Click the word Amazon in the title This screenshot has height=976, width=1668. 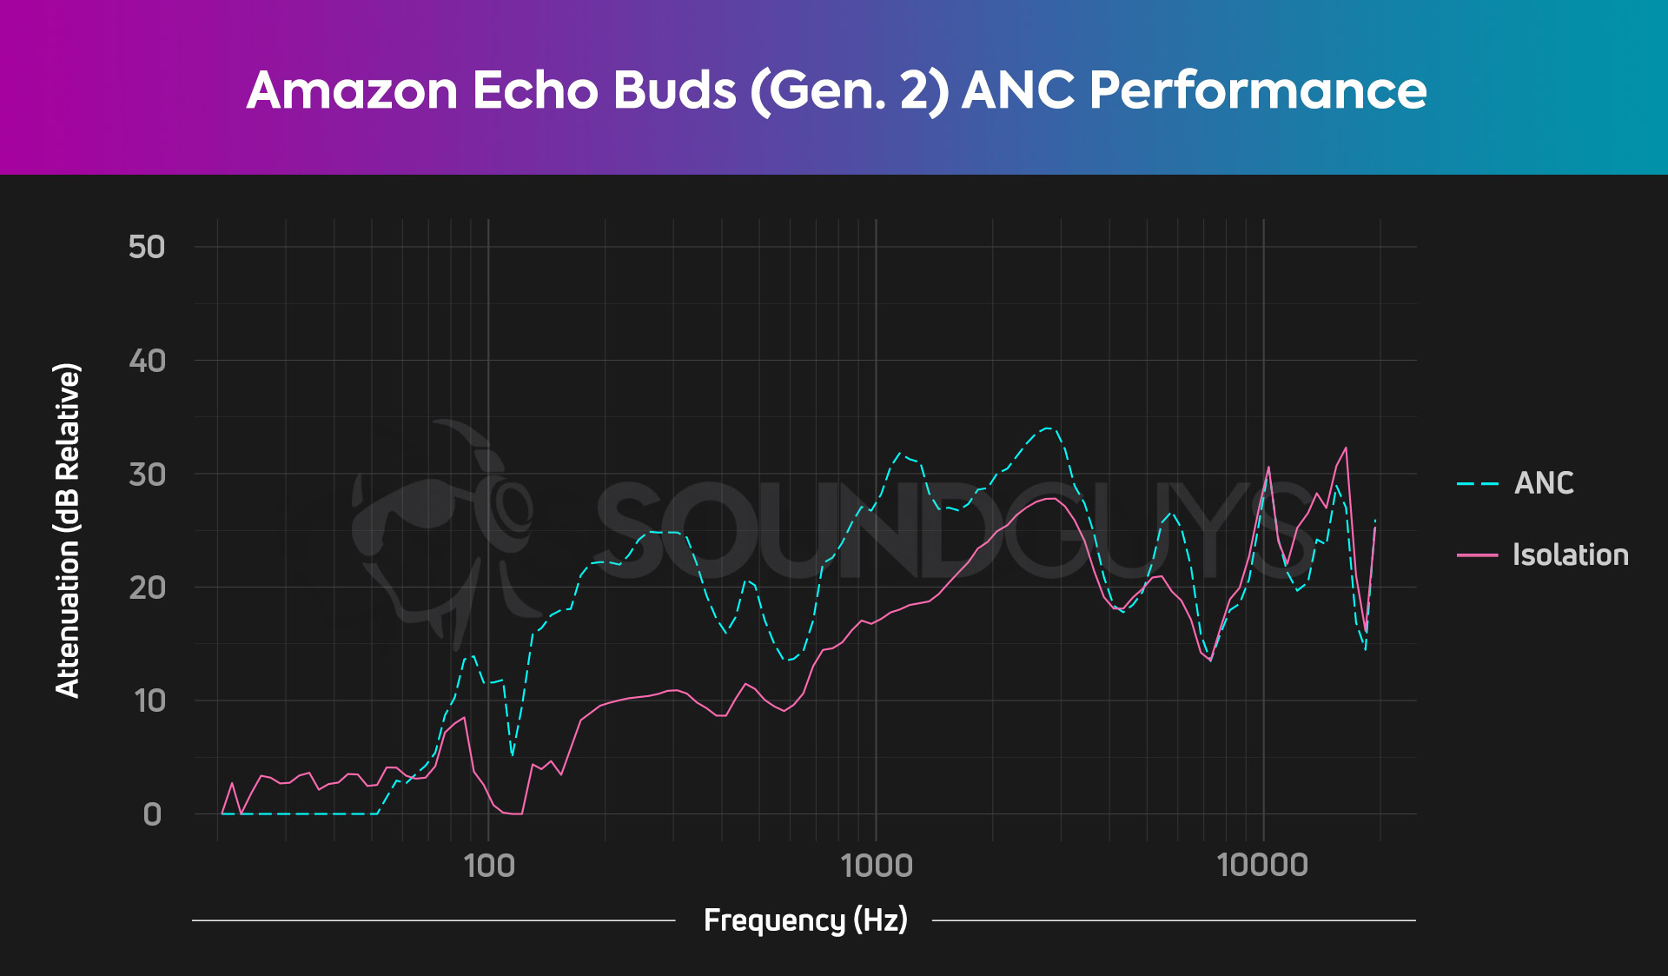tap(352, 90)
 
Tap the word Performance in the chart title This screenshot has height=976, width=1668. tap(1257, 90)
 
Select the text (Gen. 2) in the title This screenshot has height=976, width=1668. tap(850, 90)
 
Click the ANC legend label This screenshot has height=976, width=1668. tap(1544, 483)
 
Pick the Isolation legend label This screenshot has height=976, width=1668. tap(1570, 554)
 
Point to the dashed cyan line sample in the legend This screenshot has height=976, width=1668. tap(1478, 483)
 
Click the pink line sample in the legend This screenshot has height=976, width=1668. tap(1478, 554)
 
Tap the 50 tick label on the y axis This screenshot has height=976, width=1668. tap(146, 247)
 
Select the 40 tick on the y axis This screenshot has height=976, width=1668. tap(146, 361)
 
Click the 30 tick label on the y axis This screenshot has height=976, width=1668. tap(146, 475)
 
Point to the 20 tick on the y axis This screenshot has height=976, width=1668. tap(146, 588)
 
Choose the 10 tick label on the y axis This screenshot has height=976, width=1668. tap(149, 701)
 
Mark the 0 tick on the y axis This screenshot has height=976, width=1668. tap(152, 814)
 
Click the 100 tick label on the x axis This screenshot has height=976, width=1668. tap(489, 866)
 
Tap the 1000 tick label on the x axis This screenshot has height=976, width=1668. tap(877, 866)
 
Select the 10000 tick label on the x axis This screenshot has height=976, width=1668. tap(1262, 866)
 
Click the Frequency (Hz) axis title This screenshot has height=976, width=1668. tap(805, 920)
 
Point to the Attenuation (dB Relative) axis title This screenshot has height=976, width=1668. tap(68, 530)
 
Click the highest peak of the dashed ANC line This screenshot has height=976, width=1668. tap(1049, 428)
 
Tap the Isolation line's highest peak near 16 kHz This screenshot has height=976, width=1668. tap(1346, 448)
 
